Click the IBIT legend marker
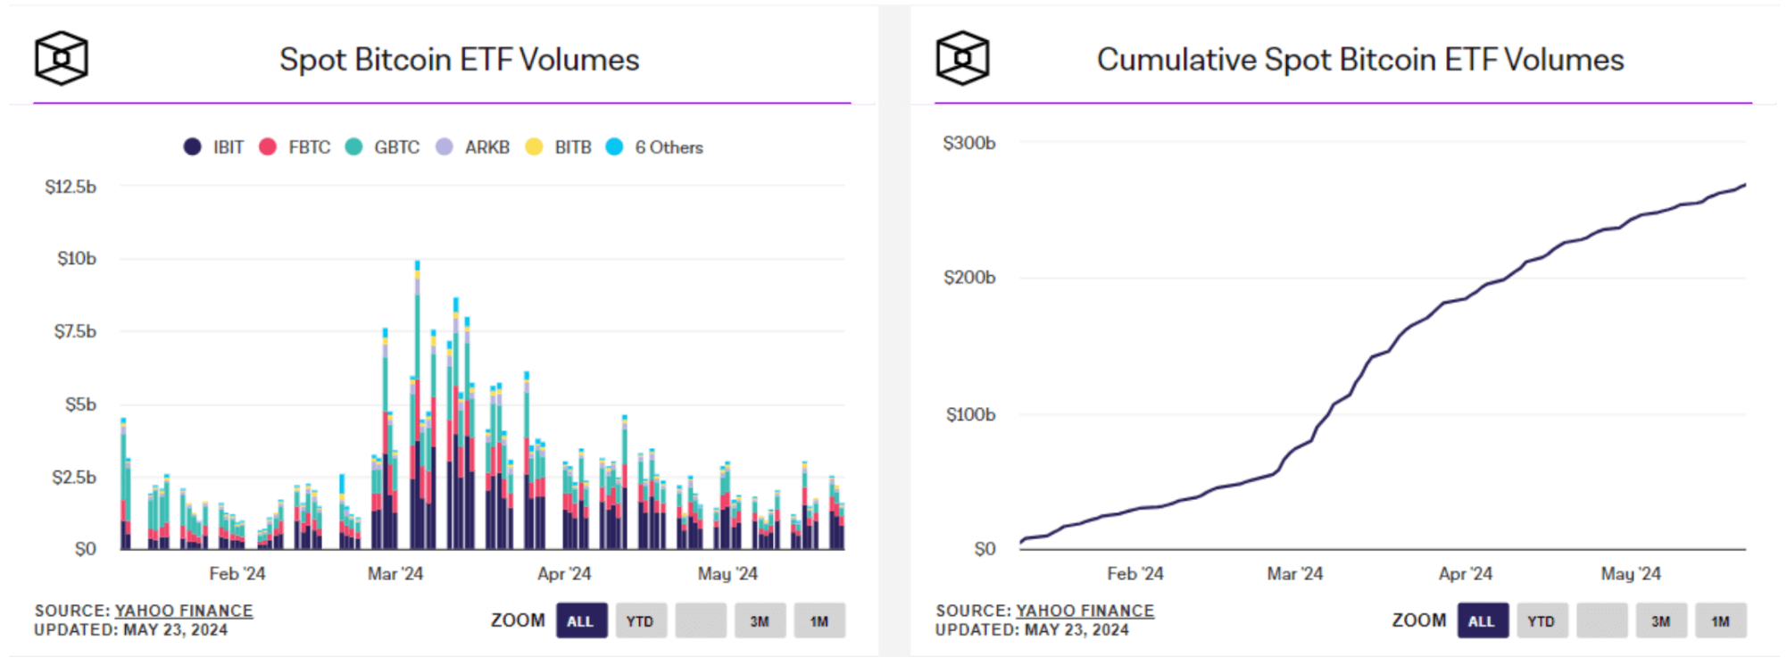(192, 147)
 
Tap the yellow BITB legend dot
(534, 147)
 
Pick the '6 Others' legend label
(669, 147)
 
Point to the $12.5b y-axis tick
(71, 187)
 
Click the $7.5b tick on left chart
(75, 331)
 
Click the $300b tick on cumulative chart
(969, 143)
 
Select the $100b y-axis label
(970, 414)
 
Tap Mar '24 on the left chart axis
(395, 573)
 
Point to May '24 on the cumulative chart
(1631, 573)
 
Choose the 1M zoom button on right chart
(1720, 621)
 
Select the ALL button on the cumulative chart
(1482, 621)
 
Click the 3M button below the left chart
(760, 621)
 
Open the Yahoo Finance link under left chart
(184, 611)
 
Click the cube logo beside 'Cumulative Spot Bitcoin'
(962, 59)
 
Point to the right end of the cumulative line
(1744, 186)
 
